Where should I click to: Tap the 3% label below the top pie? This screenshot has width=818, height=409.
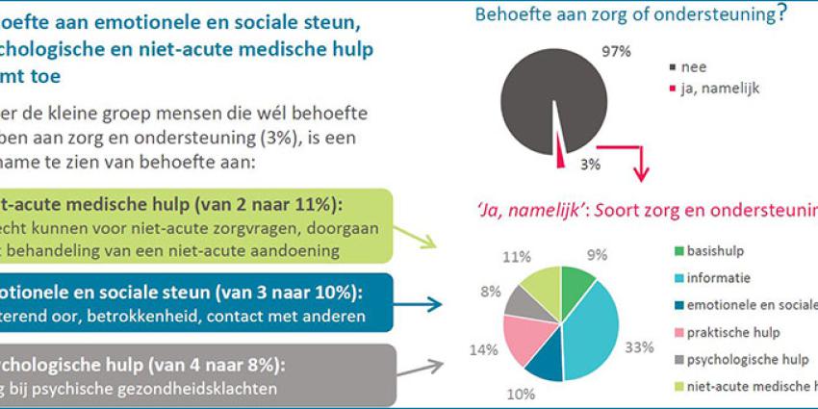click(590, 165)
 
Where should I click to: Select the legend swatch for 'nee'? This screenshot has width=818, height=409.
click(670, 68)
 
